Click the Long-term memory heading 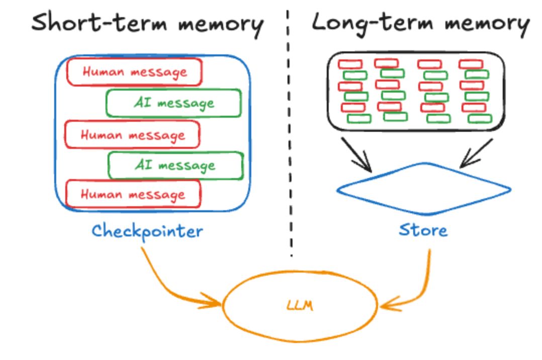pyautogui.click(x=420, y=23)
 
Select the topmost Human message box pyautogui.click(x=134, y=72)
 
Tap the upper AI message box pyautogui.click(x=173, y=103)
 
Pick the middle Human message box pyautogui.click(x=133, y=135)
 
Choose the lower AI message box pyautogui.click(x=176, y=165)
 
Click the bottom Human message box pyautogui.click(x=134, y=195)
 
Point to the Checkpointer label pyautogui.click(x=147, y=231)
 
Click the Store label pyautogui.click(x=423, y=230)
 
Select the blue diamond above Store pyautogui.click(x=424, y=189)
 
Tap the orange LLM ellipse pyautogui.click(x=300, y=306)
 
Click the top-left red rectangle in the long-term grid pyautogui.click(x=350, y=64)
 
